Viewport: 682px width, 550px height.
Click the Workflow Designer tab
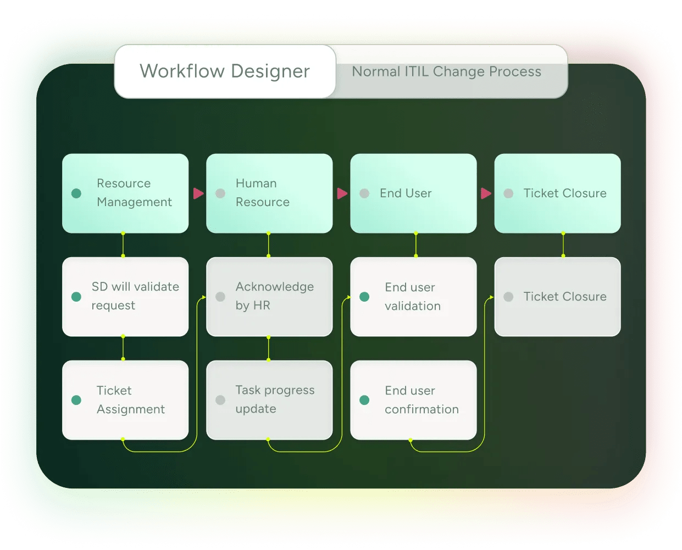[225, 71]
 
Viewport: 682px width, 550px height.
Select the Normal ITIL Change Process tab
[446, 72]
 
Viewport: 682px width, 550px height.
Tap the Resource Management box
[125, 193]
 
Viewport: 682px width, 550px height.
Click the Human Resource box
[269, 193]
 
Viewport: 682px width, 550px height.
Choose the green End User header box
[413, 193]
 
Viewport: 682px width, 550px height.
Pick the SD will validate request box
[125, 296]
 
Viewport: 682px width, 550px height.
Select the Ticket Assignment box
[125, 399]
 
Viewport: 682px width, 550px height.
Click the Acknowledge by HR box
[269, 296]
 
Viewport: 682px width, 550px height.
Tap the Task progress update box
[269, 399]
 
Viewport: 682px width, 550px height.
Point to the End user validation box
[413, 296]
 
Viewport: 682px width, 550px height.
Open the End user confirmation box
[413, 399]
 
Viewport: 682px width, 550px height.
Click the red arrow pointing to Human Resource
[198, 193]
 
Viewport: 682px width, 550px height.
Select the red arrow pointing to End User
[342, 193]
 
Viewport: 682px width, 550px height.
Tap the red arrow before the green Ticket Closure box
[486, 193]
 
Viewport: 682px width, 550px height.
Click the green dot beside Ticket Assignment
[76, 400]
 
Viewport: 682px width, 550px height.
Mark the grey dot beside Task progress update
[220, 400]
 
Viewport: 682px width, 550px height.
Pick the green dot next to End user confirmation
[364, 400]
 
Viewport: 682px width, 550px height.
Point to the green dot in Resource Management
[76, 193]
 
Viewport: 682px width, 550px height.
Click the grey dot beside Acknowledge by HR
[220, 297]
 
